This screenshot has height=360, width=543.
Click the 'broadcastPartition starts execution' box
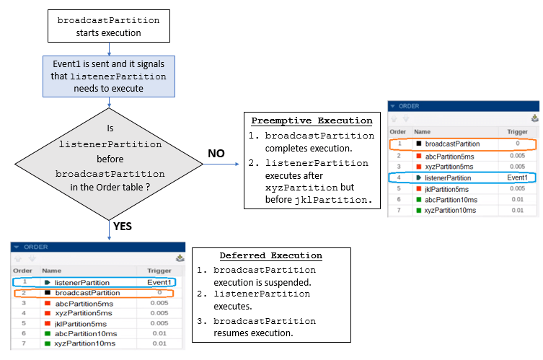pos(108,26)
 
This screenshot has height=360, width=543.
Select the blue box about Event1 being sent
pos(108,76)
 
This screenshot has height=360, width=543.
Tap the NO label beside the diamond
pos(216,154)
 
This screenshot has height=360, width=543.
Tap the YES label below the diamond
pos(123,227)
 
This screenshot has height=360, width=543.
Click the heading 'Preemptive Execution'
pos(312,120)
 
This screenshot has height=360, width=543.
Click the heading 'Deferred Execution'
pos(270,255)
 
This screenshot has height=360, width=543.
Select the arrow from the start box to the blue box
pos(108,49)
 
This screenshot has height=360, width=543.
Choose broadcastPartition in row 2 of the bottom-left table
pos(87,293)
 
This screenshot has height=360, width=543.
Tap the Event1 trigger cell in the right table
pos(517,177)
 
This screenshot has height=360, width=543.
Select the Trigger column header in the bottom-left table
pos(159,271)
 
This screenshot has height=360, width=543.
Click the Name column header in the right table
pos(423,132)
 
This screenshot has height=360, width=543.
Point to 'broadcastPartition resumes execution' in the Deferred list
pos(264,328)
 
